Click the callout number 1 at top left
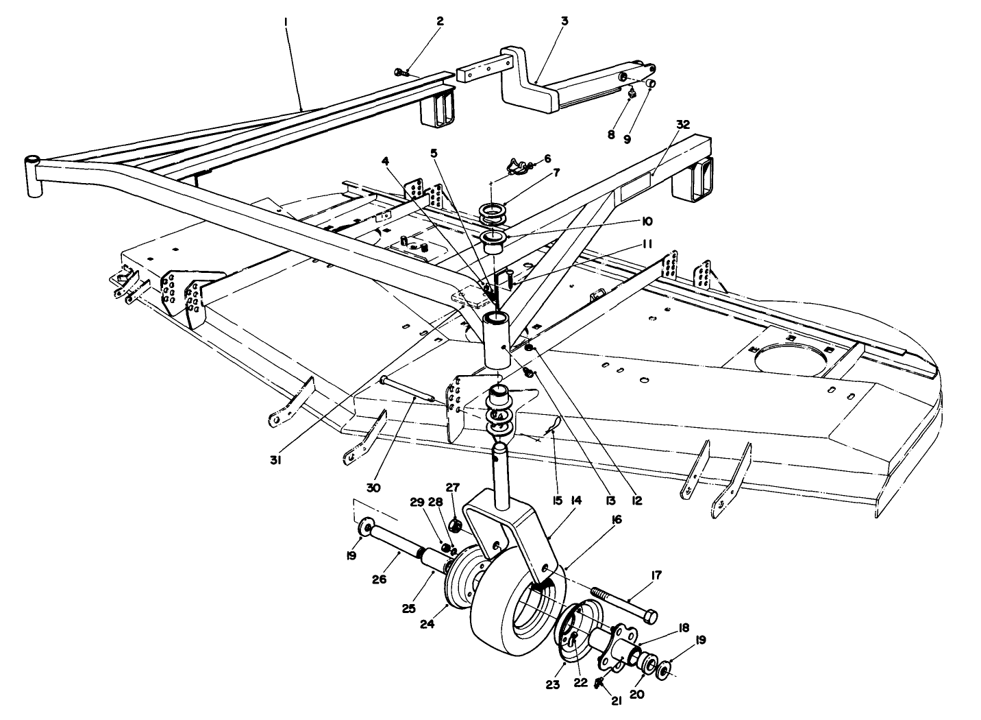[285, 22]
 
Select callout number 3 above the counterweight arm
[564, 21]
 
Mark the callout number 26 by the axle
[379, 579]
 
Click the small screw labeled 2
[401, 72]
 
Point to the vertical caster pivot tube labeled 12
[499, 340]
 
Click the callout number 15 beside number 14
[556, 501]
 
